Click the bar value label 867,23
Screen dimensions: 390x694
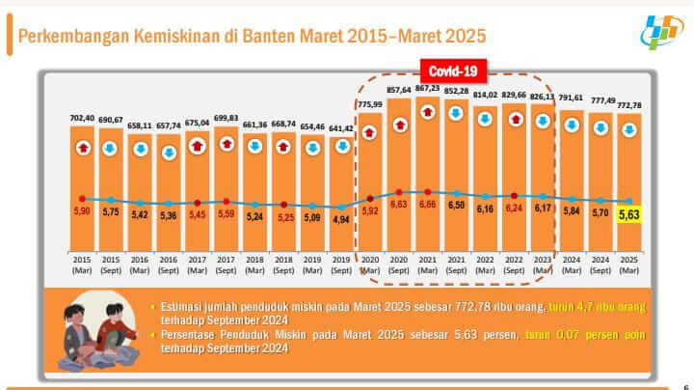[x=427, y=88]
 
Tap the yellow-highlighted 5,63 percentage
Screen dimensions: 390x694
[x=628, y=216]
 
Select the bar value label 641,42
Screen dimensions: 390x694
[x=341, y=128]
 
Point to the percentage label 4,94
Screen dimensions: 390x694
[x=341, y=219]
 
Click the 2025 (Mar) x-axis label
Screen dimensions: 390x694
[x=628, y=264]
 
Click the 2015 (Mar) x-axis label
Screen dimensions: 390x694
[x=82, y=264]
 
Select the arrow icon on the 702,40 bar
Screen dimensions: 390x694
[x=82, y=147]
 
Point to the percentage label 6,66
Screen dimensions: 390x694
[x=427, y=206]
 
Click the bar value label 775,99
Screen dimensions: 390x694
[x=369, y=104]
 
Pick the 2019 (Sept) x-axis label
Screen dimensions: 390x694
[x=341, y=264]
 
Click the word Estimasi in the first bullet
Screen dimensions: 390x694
[x=185, y=306]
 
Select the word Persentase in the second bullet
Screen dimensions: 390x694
[x=193, y=334]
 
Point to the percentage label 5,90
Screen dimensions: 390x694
[x=82, y=211]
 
